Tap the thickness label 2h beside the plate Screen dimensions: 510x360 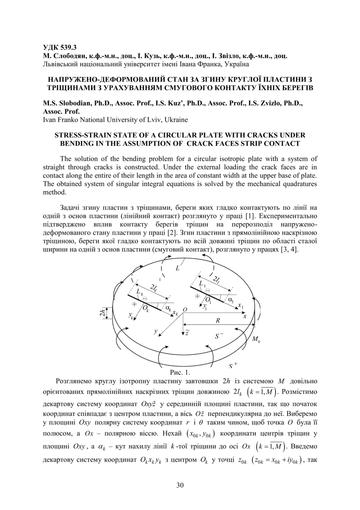pos(102,313)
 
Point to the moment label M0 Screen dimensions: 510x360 pos(256,339)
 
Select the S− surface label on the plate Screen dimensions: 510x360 pos(219,336)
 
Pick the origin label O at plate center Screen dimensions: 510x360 pos(185,309)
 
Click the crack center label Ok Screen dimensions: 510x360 pos(146,308)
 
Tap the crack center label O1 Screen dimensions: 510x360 pos(208,299)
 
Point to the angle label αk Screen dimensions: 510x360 pos(168,307)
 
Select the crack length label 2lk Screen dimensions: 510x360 pos(154,288)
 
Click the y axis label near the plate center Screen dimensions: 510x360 pos(156,331)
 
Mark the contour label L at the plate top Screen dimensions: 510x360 pos(178,269)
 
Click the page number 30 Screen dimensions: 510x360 pos(180,485)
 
